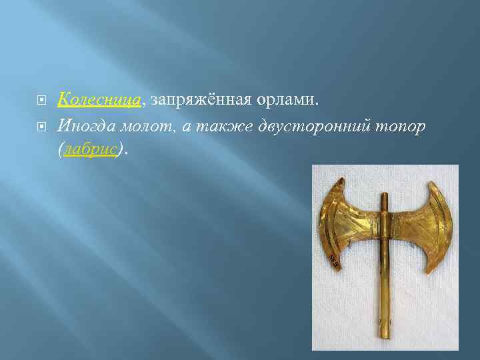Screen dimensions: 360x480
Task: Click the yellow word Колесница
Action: [x=99, y=100]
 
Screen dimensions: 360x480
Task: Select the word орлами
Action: [x=289, y=100]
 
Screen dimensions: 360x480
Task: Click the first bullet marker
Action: [x=41, y=101]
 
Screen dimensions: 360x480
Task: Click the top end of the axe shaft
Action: [x=384, y=197]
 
